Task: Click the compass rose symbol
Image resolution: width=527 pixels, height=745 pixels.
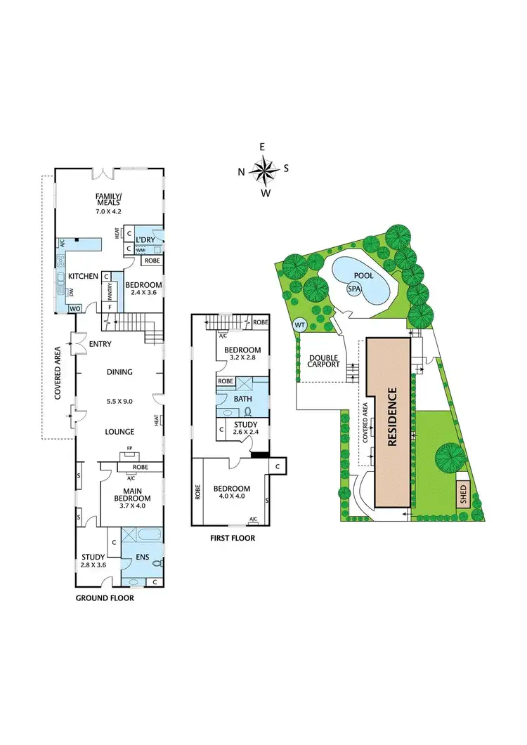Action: (x=263, y=169)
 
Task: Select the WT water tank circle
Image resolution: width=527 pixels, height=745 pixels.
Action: (x=299, y=325)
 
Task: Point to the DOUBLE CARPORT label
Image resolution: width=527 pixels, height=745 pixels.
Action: (x=324, y=361)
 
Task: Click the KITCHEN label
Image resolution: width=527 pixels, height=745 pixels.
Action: (x=83, y=276)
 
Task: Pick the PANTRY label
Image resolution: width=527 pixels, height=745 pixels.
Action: (x=110, y=288)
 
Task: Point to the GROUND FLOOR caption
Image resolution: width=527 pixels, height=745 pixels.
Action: (x=105, y=599)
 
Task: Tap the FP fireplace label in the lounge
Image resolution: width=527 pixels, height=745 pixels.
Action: (x=129, y=448)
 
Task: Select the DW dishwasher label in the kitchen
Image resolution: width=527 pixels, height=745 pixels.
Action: (x=72, y=292)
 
